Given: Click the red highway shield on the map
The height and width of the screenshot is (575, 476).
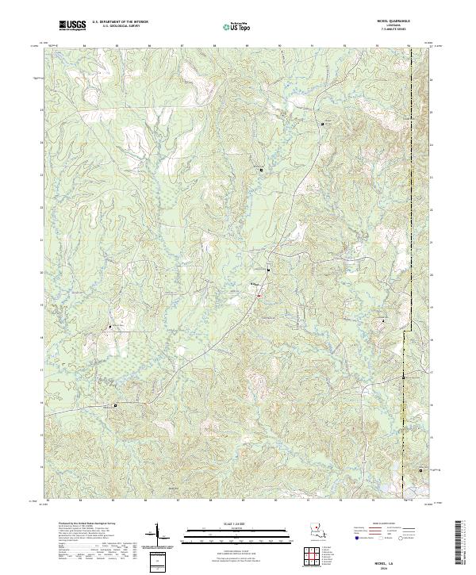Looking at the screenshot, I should [258, 296].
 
